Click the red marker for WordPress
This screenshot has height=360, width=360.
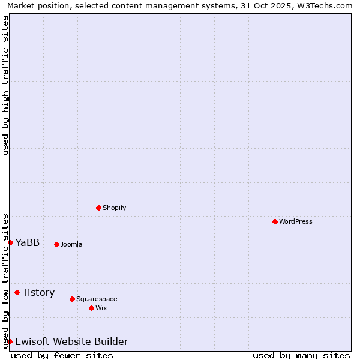[275, 221]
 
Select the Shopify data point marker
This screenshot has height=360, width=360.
[98, 208]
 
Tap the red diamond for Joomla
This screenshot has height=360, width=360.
[56, 244]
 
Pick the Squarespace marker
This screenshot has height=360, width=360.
[72, 299]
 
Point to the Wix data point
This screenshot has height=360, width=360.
[91, 308]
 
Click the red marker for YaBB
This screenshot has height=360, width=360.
[10, 242]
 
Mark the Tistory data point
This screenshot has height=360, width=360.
[17, 292]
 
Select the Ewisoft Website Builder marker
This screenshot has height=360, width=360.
[10, 341]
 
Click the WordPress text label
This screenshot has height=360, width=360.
[296, 221]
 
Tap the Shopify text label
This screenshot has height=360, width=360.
[115, 208]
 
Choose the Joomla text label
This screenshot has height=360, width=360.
[71, 244]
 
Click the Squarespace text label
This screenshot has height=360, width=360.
[97, 299]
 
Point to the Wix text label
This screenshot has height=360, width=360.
[101, 308]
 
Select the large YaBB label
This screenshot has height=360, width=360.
[28, 242]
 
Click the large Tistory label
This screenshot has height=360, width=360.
[38, 292]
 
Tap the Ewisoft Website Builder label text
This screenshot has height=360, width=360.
[71, 341]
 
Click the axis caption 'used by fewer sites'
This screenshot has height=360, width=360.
[62, 355]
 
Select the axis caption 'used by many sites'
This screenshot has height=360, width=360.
[301, 355]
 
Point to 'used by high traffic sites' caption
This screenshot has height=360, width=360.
[5, 85]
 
